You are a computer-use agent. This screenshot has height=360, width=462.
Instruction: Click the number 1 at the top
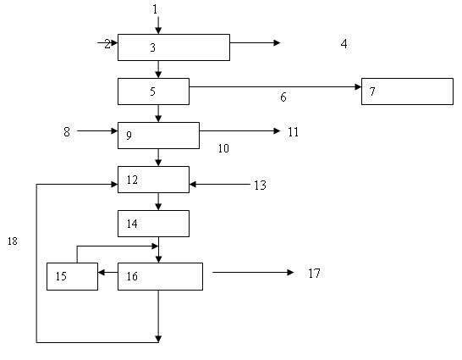[x=156, y=9]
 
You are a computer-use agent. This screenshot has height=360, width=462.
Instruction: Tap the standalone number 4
[x=344, y=44]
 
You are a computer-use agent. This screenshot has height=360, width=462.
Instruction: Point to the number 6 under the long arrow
[x=283, y=97]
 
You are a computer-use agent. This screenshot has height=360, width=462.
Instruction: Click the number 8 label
[x=67, y=131]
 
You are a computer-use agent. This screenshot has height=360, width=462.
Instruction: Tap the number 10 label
[x=223, y=148]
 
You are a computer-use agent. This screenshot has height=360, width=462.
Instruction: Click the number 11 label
[x=293, y=131]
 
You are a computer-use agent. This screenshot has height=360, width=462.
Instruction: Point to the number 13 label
[x=260, y=186]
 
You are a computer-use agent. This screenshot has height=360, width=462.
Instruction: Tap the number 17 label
[x=314, y=274]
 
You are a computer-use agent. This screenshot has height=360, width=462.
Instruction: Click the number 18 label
[x=13, y=241]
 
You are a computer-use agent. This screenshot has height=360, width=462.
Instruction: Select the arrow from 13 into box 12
[x=219, y=185]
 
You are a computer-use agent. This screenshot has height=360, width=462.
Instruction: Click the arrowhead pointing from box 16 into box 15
[x=101, y=272]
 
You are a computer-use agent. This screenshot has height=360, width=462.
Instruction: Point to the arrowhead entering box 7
[x=358, y=86]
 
